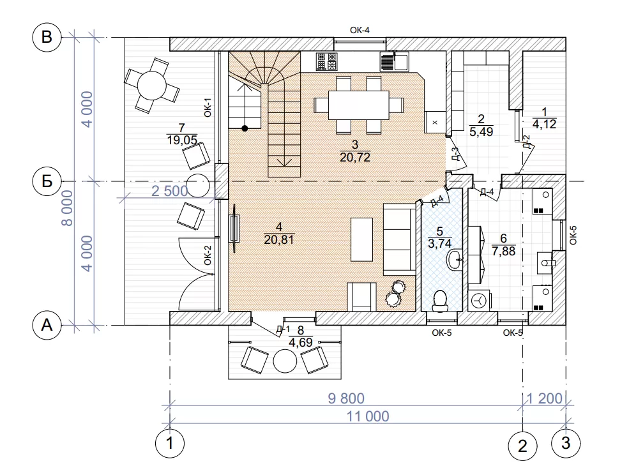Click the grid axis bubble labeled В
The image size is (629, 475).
point(47,37)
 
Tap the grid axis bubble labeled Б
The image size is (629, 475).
point(47,181)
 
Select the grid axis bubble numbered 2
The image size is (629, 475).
point(522,446)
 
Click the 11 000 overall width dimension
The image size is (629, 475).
point(368,416)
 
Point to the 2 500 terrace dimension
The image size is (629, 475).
point(170,191)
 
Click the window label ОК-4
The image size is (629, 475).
point(360,30)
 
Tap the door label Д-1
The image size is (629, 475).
point(283,330)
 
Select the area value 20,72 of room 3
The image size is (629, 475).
point(354,157)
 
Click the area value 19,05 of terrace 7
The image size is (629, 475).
point(182,140)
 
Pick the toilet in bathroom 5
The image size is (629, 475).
point(440,301)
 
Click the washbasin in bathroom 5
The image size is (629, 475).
point(455,260)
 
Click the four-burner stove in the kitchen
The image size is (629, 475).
point(326,61)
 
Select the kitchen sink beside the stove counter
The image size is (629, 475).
point(394,61)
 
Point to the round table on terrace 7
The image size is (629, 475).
point(151,85)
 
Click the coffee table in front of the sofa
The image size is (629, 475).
point(361,239)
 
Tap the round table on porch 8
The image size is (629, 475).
point(285,361)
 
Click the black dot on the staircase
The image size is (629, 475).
point(245,128)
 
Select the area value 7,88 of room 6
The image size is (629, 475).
point(503,251)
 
